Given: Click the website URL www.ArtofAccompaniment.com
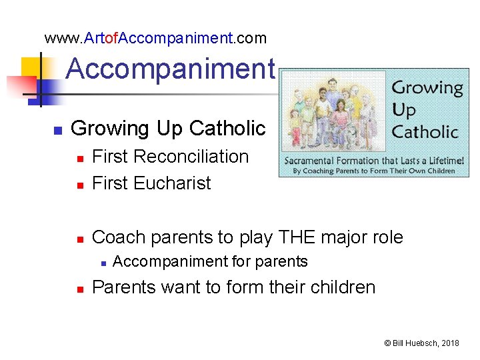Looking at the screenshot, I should point(155,38).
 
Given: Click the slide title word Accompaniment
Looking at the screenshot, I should point(170,68).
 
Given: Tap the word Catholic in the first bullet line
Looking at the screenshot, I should point(227,128).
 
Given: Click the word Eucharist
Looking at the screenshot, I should point(172,183).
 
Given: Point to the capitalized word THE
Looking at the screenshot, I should point(301,237).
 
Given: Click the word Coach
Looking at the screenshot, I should point(117,237).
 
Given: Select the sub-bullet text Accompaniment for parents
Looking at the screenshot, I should point(210,261).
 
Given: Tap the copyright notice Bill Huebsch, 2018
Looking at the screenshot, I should point(421,343).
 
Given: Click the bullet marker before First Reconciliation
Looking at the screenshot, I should point(79,158).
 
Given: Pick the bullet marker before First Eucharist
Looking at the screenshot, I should point(79,185).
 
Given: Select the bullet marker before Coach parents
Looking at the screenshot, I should point(79,238).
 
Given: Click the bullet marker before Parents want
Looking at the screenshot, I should point(79,289).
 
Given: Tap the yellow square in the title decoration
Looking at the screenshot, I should point(33,69).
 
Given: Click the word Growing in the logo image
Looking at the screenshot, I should point(427,87).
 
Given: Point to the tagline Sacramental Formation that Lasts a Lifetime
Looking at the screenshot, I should point(370,161).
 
